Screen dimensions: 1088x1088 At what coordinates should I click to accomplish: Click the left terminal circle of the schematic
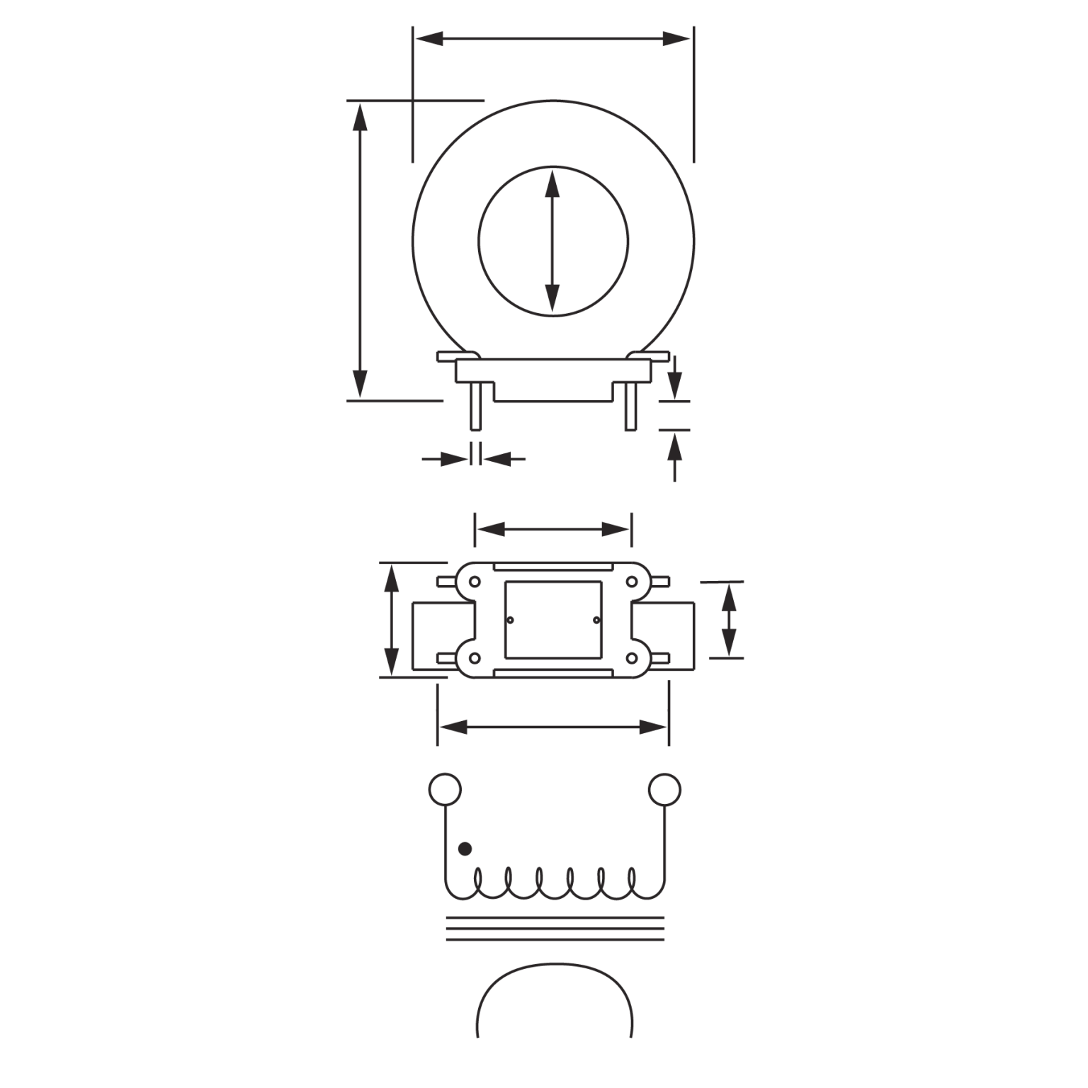pyautogui.click(x=445, y=789)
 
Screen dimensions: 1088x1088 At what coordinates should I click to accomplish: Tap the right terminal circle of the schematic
pyautogui.click(x=664, y=789)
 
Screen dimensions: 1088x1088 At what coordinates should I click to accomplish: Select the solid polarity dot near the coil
pyautogui.click(x=465, y=848)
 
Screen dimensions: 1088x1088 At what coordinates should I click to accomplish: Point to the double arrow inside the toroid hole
pyautogui.click(x=552, y=242)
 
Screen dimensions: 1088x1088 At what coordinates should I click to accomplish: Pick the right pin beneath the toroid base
pyautogui.click(x=630, y=407)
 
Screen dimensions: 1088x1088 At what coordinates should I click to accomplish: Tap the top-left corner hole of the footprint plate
pyautogui.click(x=475, y=582)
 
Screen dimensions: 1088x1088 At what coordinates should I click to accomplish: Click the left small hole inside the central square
pyautogui.click(x=510, y=620)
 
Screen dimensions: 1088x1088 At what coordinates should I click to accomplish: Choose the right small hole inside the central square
pyautogui.click(x=596, y=620)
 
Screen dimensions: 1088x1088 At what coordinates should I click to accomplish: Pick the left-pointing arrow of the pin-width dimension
pyautogui.click(x=500, y=459)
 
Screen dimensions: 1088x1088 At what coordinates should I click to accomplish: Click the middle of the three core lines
pyautogui.click(x=554, y=929)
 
